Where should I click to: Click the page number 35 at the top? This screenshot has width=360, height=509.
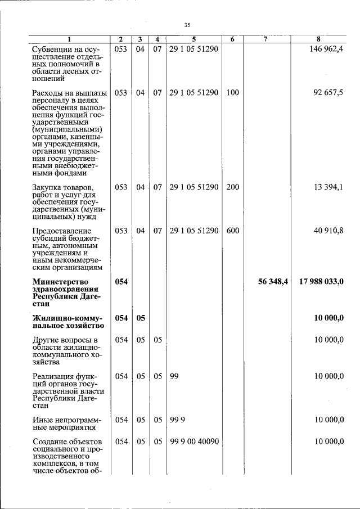pyautogui.click(x=188, y=24)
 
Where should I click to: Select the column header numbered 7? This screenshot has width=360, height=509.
pyautogui.click(x=264, y=39)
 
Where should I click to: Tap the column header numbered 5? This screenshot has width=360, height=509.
pyautogui.click(x=193, y=39)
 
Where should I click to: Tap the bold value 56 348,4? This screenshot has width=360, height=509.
pyautogui.click(x=273, y=282)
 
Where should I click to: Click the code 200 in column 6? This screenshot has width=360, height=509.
pyautogui.click(x=232, y=187)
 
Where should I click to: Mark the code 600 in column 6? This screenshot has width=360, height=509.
pyautogui.click(x=232, y=231)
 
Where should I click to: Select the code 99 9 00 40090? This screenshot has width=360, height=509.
pyautogui.click(x=193, y=442)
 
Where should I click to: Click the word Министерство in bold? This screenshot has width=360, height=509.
pyautogui.click(x=60, y=282)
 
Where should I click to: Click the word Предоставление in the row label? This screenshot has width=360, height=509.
pyautogui.click(x=62, y=231)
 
